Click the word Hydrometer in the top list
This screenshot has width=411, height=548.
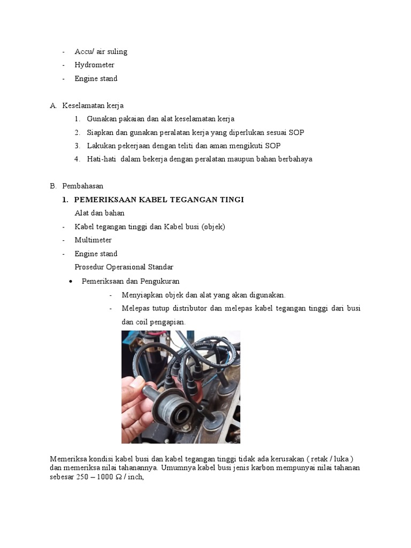click(x=94, y=65)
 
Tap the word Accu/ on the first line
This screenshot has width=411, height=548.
click(x=84, y=51)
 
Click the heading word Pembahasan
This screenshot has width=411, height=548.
click(x=82, y=186)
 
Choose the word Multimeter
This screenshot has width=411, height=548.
click(x=93, y=240)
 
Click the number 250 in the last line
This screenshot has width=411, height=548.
click(x=82, y=477)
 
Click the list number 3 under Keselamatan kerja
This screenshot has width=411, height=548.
click(x=77, y=146)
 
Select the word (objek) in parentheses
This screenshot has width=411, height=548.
click(x=214, y=226)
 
